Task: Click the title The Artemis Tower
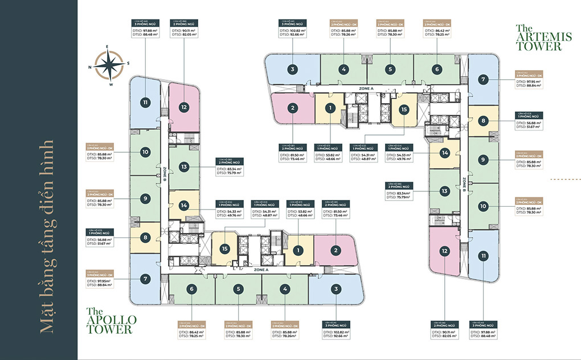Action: point(538,38)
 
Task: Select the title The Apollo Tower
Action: point(109,320)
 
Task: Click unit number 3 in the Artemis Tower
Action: point(292,70)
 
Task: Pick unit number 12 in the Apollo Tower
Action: point(183,107)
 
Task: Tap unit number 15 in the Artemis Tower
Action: point(403,111)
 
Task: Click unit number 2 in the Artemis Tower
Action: point(292,108)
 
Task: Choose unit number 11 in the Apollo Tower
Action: point(146,103)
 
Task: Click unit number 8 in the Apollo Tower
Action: point(146,239)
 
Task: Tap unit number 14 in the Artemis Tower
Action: point(445,153)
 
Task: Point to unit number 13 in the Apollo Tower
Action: point(183,167)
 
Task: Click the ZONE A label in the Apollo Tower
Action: point(261,269)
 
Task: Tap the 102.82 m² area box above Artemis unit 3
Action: point(292,32)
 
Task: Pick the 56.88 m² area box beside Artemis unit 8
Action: point(529,124)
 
